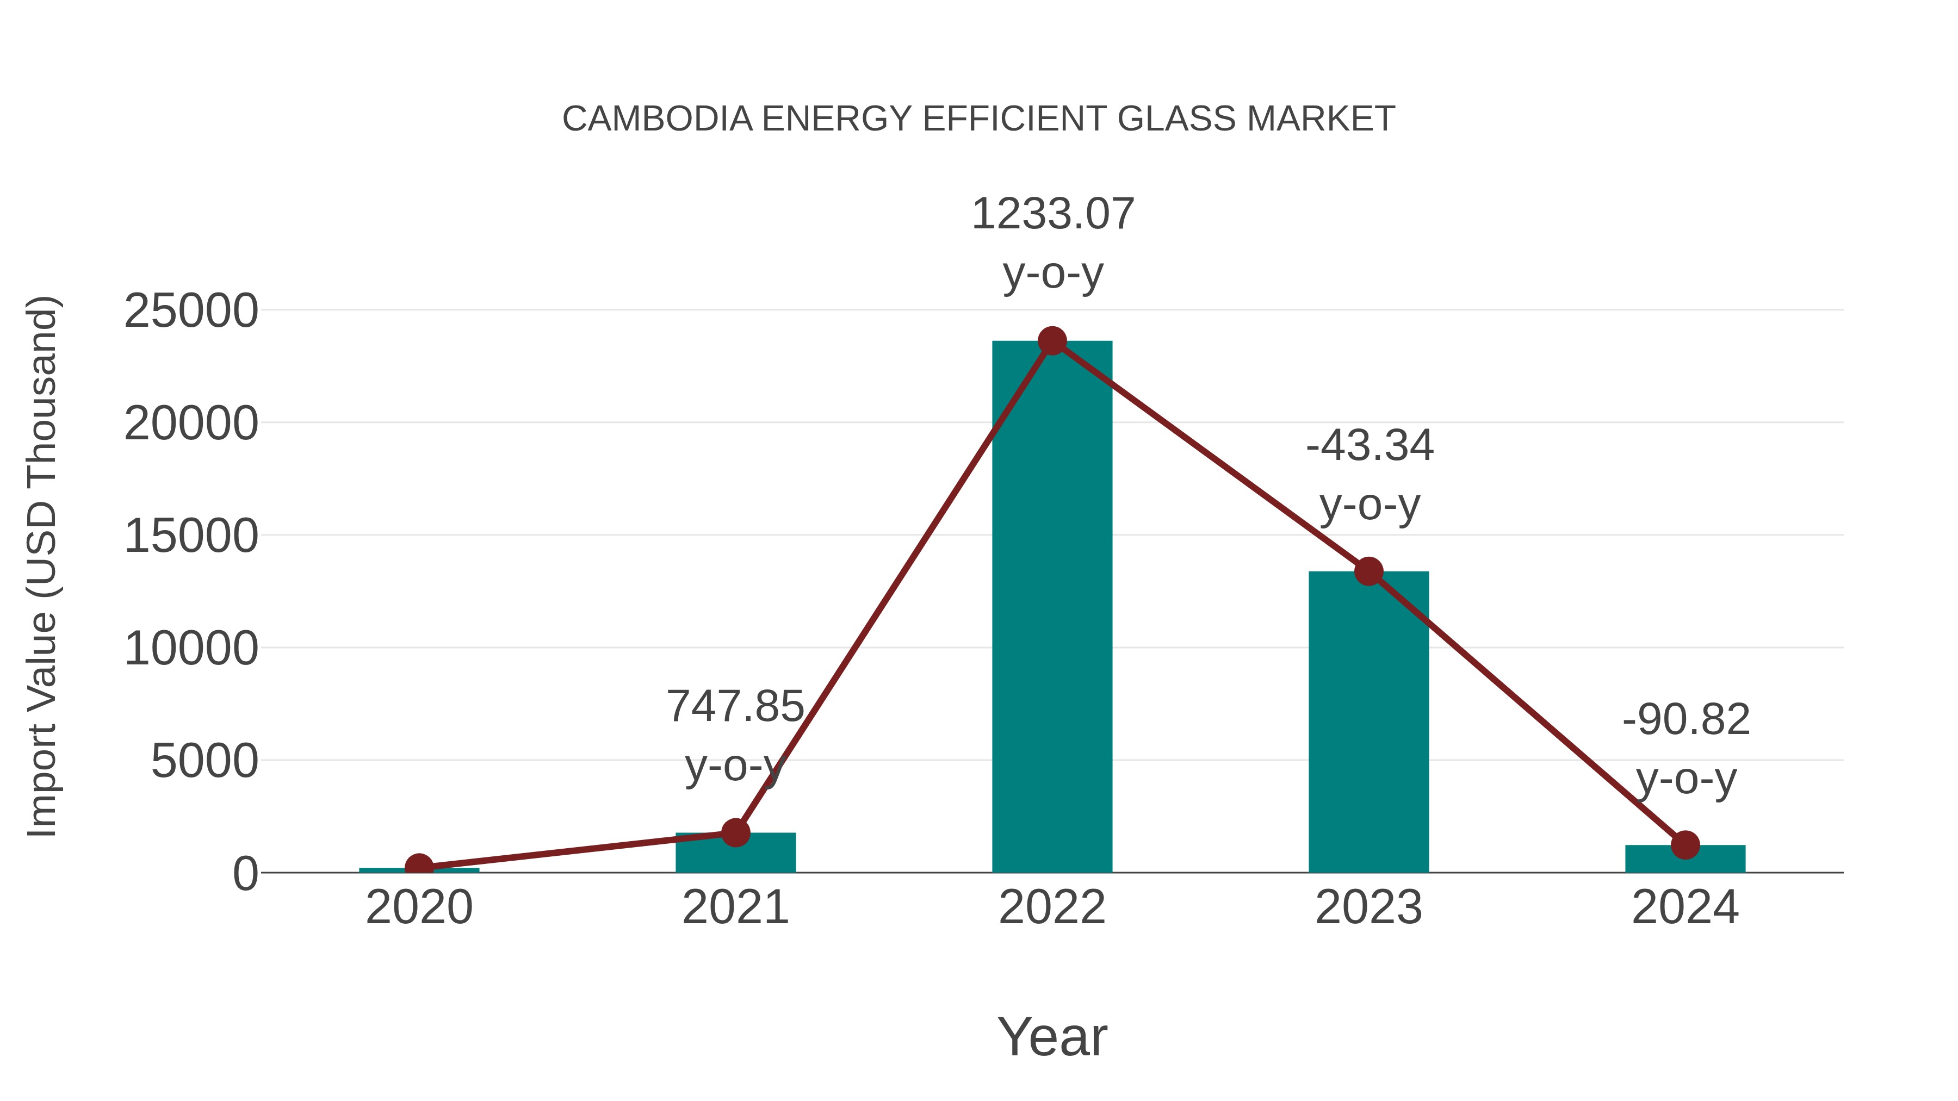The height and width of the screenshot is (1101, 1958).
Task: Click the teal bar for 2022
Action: pos(1052,608)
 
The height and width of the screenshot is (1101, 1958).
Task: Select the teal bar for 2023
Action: pos(1368,722)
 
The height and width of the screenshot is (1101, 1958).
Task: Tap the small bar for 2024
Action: pos(1685,860)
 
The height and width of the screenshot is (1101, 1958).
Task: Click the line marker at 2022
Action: pos(1052,341)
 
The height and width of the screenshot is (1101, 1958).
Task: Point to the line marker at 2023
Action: pos(1368,571)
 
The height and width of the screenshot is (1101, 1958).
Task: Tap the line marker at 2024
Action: pos(1685,844)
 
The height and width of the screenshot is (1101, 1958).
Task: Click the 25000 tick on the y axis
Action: pos(191,311)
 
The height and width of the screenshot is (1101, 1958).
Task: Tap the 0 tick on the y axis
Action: pos(245,874)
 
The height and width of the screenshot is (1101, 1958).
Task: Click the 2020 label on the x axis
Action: pos(419,907)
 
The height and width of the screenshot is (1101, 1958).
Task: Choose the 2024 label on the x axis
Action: pos(1685,907)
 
